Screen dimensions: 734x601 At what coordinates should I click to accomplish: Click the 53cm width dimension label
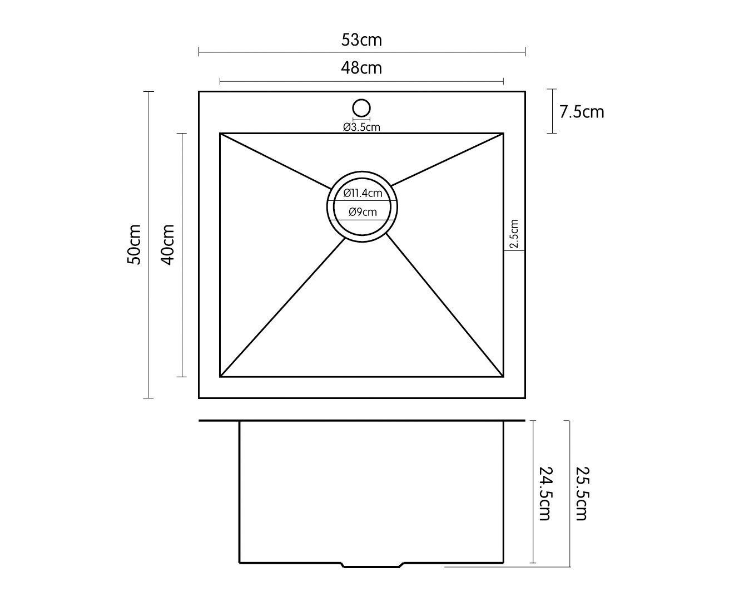(x=361, y=40)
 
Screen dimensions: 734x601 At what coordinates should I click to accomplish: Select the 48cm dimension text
(x=361, y=67)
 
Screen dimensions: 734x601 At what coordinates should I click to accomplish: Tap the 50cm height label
(x=134, y=245)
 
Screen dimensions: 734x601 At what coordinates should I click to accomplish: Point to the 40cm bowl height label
(x=168, y=245)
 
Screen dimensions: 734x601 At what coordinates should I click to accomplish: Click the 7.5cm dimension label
(x=582, y=112)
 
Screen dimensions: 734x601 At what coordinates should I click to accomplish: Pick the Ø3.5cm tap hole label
(x=361, y=127)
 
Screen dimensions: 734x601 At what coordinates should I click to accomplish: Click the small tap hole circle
(x=361, y=107)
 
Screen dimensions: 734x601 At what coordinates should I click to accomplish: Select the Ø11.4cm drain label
(x=363, y=193)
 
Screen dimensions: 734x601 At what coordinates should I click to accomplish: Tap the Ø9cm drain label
(x=363, y=212)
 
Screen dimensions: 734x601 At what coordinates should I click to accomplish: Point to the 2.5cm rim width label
(x=514, y=233)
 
